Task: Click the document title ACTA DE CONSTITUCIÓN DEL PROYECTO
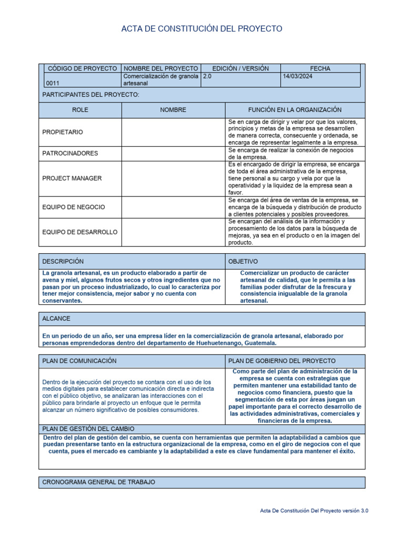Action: [202, 29]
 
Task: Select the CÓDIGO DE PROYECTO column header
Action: [82, 69]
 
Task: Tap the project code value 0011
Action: [53, 83]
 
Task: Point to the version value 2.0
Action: [208, 76]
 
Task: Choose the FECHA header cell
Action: [320, 69]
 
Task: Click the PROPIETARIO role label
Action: [63, 132]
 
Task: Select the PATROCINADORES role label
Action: [70, 153]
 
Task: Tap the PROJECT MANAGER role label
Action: [72, 178]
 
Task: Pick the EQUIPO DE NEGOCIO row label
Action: [74, 207]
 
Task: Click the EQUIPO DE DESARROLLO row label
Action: [79, 232]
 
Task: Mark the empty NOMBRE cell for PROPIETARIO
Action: [173, 132]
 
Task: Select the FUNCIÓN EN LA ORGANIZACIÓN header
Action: [295, 110]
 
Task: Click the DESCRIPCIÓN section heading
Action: [63, 261]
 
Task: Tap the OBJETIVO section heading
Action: [244, 261]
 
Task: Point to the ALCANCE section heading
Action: [56, 319]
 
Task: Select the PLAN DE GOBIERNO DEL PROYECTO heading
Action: [282, 361]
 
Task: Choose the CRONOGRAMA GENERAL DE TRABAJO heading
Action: [99, 482]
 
